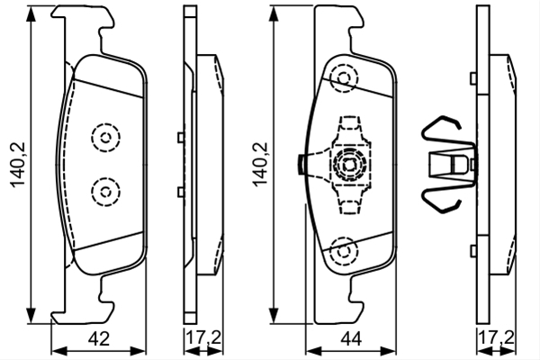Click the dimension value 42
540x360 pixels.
tap(99, 338)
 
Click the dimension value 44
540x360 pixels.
tap(351, 339)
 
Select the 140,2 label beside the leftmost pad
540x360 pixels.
tap(18, 165)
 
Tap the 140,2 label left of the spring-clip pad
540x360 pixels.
tap(260, 165)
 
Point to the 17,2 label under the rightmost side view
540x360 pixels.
tap(496, 338)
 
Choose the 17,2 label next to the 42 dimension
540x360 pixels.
tap(203, 338)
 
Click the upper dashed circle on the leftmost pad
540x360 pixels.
tap(105, 138)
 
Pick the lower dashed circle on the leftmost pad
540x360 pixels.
tap(105, 192)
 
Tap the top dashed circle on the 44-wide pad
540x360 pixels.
tap(344, 78)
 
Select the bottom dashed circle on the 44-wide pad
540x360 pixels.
tap(344, 251)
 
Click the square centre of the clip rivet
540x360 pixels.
tap(349, 165)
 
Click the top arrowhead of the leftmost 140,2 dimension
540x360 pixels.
tap(31, 13)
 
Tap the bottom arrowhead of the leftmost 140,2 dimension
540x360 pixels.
tap(31, 315)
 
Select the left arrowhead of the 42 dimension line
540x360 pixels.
tap(59, 351)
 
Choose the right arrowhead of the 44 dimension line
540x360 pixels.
tap(388, 351)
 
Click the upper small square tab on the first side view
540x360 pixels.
tap(181, 138)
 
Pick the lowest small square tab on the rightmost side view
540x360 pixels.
tap(473, 250)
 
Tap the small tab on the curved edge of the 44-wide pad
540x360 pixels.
tap(301, 165)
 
